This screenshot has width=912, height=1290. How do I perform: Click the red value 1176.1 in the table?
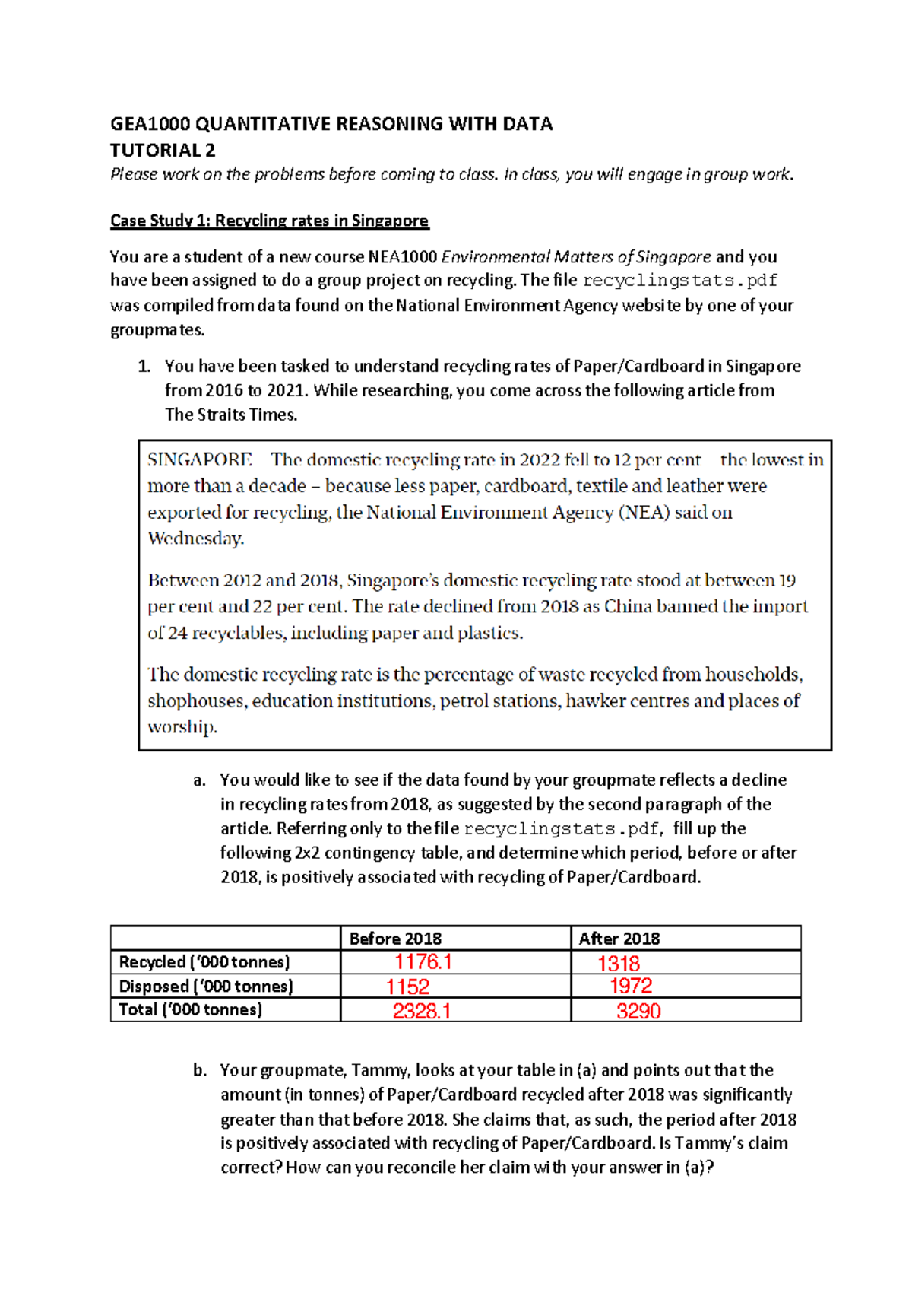pos(423,961)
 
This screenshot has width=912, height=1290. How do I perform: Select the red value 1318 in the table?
pos(619,964)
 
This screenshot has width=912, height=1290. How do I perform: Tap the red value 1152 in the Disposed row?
pos(408,987)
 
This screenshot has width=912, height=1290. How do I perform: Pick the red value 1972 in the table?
pos(631,986)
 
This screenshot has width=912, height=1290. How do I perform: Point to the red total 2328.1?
pos(422,1011)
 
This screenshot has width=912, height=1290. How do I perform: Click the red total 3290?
pos(638,1011)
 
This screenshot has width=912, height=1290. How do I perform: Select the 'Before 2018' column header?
pos(395,939)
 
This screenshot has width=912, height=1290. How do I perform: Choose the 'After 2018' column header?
pos(619,939)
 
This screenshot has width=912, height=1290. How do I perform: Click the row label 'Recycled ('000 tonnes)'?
pos(204,962)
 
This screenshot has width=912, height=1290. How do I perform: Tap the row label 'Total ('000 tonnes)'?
pos(191,1009)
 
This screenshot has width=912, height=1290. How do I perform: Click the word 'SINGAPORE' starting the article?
pos(199,460)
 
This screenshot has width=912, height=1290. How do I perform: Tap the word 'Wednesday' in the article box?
pos(195,539)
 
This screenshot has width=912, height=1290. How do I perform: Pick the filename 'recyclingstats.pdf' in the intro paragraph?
pos(679,281)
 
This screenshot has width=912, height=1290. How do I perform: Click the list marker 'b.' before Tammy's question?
pos(200,1070)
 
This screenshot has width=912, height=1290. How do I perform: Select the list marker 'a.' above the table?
pos(200,780)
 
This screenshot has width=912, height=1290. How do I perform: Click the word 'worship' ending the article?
pos(182,727)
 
